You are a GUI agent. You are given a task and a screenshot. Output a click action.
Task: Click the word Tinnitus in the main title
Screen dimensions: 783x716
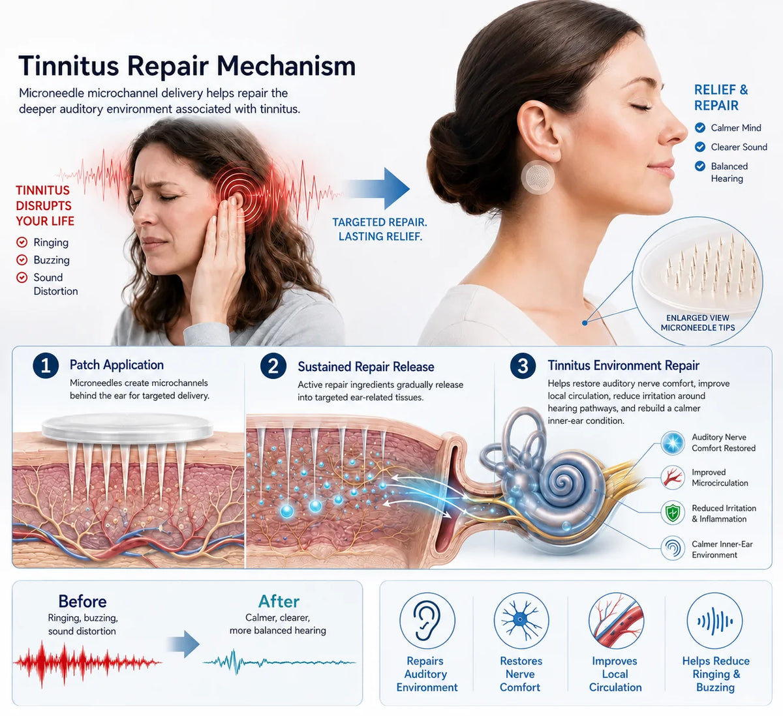(69, 66)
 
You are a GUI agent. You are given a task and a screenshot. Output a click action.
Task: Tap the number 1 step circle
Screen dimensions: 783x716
(46, 366)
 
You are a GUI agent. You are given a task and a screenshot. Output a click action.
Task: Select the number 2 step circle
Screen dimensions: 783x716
(273, 366)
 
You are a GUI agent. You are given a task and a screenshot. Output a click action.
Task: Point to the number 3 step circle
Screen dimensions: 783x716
(523, 366)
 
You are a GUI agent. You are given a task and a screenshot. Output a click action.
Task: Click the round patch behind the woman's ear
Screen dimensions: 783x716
(538, 177)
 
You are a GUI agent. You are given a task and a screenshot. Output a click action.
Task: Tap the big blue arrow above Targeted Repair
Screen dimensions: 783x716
(377, 188)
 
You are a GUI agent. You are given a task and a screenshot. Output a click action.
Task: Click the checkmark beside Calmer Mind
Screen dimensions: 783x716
(700, 128)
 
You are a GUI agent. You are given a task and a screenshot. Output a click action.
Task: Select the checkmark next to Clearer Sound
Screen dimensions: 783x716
(700, 147)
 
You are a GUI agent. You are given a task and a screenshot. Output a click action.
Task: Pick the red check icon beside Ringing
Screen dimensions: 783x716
(22, 243)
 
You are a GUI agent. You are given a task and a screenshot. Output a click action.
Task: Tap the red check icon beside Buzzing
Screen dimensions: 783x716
(22, 260)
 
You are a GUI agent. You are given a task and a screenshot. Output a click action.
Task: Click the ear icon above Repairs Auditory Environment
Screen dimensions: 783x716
(427, 620)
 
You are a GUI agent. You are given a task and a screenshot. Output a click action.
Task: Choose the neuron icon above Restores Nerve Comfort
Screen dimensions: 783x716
(521, 620)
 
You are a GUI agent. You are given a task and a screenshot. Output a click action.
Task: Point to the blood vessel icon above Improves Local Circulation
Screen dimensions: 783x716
(616, 620)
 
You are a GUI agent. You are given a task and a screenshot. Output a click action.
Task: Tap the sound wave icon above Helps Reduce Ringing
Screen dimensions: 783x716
(714, 620)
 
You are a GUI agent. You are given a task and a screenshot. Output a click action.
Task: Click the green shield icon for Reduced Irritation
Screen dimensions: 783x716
(673, 513)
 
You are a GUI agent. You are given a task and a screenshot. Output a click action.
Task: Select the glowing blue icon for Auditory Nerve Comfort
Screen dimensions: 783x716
(673, 443)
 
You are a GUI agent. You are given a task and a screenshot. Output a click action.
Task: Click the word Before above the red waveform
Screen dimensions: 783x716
(82, 601)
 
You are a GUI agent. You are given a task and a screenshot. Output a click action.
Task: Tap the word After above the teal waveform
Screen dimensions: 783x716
(279, 601)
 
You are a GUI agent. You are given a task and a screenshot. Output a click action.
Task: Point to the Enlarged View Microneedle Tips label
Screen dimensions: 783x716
(698, 323)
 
